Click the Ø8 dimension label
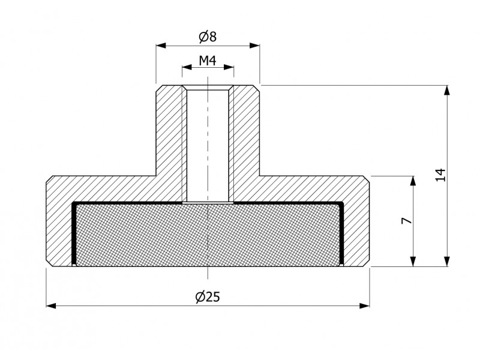[x=208, y=37]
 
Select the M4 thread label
[x=208, y=61]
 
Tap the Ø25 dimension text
[x=208, y=296]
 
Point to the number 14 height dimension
[x=440, y=175]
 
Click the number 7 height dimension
[x=406, y=220]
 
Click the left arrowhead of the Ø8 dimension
[x=161, y=46]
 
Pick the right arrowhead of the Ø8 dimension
[x=254, y=46]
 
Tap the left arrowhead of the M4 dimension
[x=187, y=67]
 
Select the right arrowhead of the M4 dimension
[x=229, y=67]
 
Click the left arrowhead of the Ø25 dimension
[x=51, y=305]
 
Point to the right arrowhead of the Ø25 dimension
[x=365, y=305]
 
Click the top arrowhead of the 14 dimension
[x=447, y=91]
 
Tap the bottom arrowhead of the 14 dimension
[x=447, y=262]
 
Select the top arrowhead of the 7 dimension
[x=413, y=181]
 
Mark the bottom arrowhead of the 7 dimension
[x=413, y=262]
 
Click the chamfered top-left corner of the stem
[x=159, y=88]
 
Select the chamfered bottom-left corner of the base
[x=49, y=263]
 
